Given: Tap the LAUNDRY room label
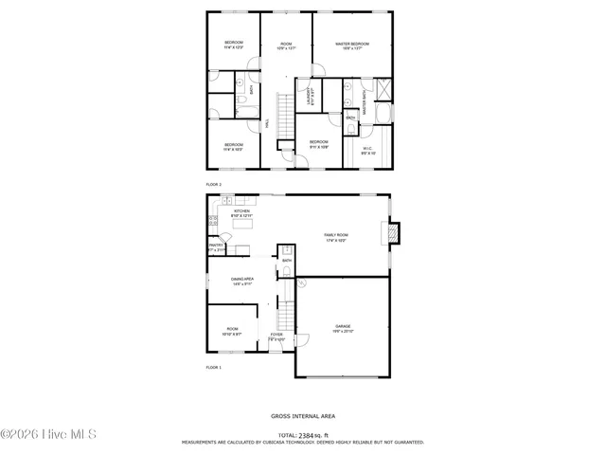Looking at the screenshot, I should (309, 96).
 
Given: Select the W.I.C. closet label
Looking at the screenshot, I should (368, 150).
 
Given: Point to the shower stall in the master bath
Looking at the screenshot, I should (383, 90).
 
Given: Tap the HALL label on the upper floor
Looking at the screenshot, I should (266, 121).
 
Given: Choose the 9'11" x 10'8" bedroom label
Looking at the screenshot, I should (319, 144).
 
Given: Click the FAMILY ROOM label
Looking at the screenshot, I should (336, 237).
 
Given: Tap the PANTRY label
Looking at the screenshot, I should (216, 246).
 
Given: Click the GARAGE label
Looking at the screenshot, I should (342, 328).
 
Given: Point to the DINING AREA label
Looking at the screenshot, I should (243, 281).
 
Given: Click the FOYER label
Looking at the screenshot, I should (276, 336).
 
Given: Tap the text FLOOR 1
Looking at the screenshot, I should (214, 367).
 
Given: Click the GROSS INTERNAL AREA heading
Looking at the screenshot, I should (302, 416).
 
